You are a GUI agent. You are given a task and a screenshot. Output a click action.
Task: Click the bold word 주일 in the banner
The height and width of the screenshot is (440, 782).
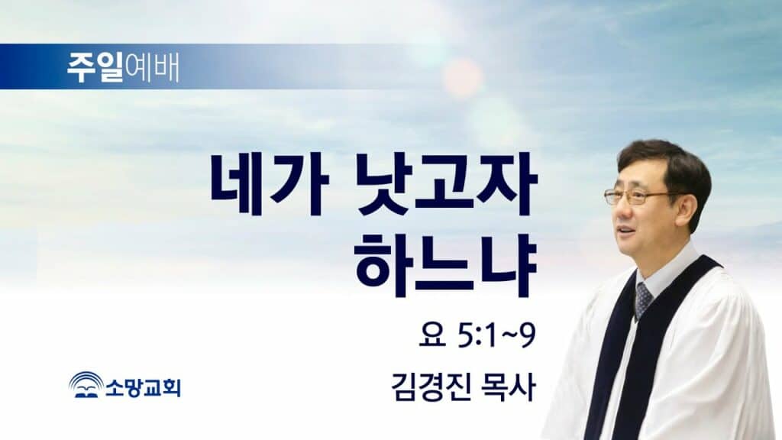coord(95,67)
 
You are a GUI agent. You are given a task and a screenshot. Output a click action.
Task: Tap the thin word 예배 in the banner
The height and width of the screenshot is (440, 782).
coord(152,67)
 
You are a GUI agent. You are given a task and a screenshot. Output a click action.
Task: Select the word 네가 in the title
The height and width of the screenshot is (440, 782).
coord(270,185)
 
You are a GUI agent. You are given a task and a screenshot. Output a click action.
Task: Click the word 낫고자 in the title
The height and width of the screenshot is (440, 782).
coord(447,185)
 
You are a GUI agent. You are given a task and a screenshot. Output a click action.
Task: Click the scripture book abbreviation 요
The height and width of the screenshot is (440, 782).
coord(432,335)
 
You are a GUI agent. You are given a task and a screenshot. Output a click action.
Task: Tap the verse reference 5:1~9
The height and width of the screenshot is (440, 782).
coord(496,336)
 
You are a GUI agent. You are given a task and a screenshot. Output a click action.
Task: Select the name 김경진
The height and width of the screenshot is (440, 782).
coord(431,387)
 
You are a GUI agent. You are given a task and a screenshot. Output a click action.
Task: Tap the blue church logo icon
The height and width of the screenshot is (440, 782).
coord(86,385)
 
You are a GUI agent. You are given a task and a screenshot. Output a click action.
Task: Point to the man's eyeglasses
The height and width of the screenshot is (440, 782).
coord(638,196)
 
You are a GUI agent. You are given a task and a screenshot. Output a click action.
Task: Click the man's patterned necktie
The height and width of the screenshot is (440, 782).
coord(643,300)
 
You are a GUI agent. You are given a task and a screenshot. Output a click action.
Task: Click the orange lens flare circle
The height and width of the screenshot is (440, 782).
coord(463,78)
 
